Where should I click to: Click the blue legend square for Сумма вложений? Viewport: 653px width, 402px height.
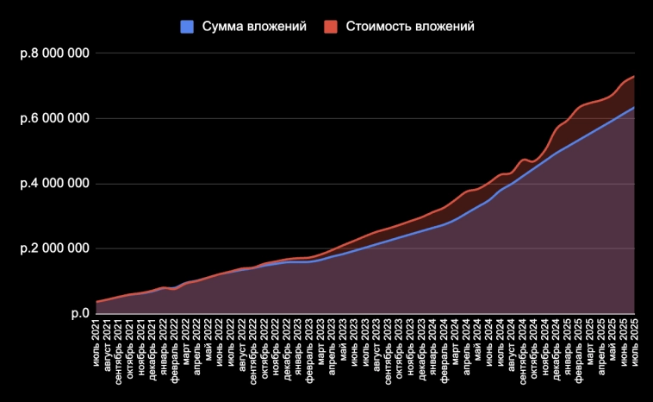pyautogui.click(x=187, y=27)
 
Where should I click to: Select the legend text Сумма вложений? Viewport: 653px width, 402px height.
pyautogui.click(x=254, y=27)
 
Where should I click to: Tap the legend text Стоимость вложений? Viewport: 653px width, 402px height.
pyautogui.click(x=410, y=27)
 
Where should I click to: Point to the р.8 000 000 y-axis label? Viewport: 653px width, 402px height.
pyautogui.click(x=55, y=53)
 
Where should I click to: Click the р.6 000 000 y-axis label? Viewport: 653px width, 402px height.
pyautogui.click(x=55, y=118)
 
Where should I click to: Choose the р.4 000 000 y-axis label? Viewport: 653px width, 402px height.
pyautogui.click(x=55, y=184)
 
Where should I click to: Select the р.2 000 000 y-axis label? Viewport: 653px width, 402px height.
pyautogui.click(x=55, y=248)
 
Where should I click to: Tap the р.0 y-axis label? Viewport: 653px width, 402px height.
pyautogui.click(x=79, y=313)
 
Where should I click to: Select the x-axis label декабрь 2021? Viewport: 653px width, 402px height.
pyautogui.click(x=152, y=343)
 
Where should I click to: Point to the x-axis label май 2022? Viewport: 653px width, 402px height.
pyautogui.click(x=208, y=336)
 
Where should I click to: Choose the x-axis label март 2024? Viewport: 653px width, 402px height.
pyautogui.click(x=456, y=337)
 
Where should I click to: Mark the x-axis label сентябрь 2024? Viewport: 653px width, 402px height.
pyautogui.click(x=523, y=344)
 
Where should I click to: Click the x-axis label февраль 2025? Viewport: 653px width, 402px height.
pyautogui.click(x=579, y=342)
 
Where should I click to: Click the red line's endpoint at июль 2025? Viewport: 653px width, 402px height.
pyautogui.click(x=634, y=77)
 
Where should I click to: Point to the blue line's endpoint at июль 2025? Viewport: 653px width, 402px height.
pyautogui.click(x=634, y=107)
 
